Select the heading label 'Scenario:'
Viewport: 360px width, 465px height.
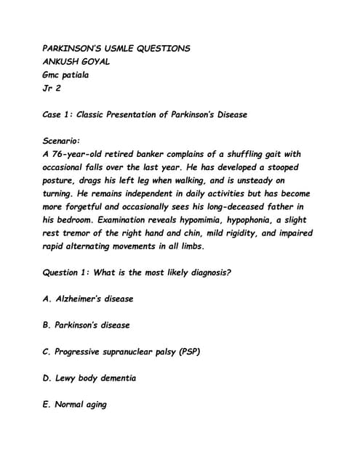63,141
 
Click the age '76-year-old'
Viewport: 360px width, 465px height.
81,154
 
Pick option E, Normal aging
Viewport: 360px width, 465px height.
75,404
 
